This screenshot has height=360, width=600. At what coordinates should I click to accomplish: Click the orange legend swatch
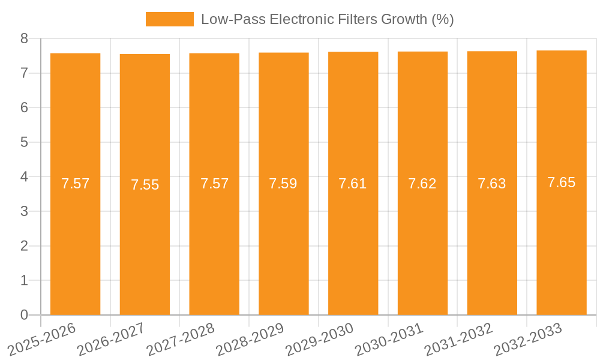(169, 19)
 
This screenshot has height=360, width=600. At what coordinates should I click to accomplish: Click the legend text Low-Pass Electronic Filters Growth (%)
(327, 19)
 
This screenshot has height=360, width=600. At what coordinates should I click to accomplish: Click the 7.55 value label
(145, 185)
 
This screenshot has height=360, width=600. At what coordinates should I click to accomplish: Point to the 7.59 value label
(283, 184)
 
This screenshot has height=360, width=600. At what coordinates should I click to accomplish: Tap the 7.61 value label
(353, 184)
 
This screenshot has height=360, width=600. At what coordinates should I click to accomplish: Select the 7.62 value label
(422, 184)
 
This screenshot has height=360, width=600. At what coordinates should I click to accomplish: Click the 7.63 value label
(492, 184)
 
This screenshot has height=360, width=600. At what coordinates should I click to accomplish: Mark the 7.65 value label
(561, 182)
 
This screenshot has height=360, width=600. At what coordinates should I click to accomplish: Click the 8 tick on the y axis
(24, 38)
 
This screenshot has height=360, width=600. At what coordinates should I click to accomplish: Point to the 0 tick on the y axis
(24, 315)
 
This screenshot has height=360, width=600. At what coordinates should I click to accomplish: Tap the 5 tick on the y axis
(24, 142)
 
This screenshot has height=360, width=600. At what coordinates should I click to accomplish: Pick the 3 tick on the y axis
(24, 211)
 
